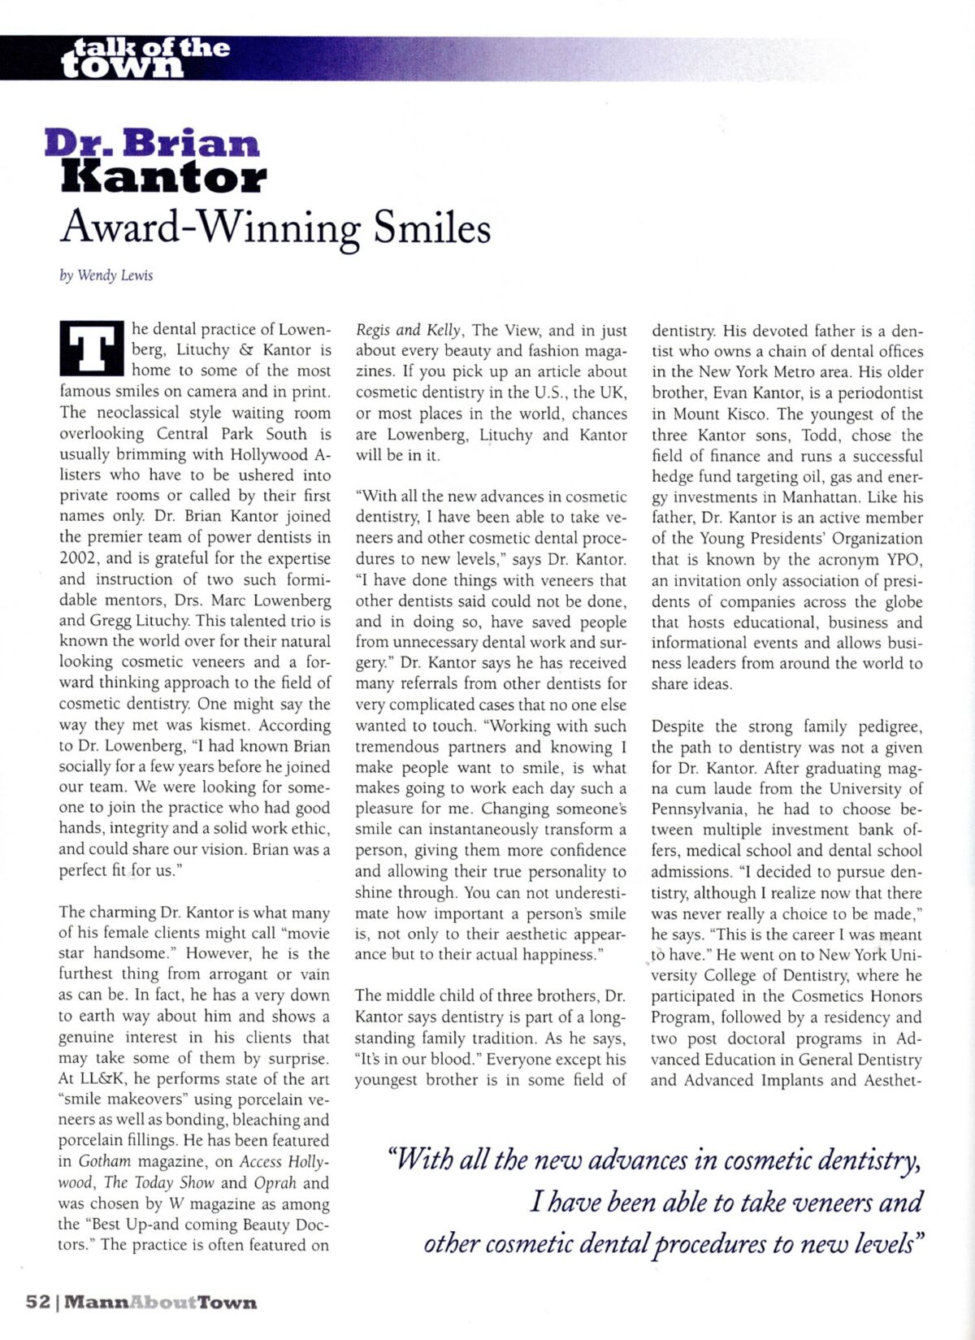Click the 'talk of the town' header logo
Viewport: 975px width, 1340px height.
[145, 58]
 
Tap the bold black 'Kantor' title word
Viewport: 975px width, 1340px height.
[163, 177]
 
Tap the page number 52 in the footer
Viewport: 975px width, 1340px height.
[38, 1301]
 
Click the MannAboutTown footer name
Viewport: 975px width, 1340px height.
[160, 1302]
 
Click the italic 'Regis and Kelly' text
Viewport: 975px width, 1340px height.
[409, 330]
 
